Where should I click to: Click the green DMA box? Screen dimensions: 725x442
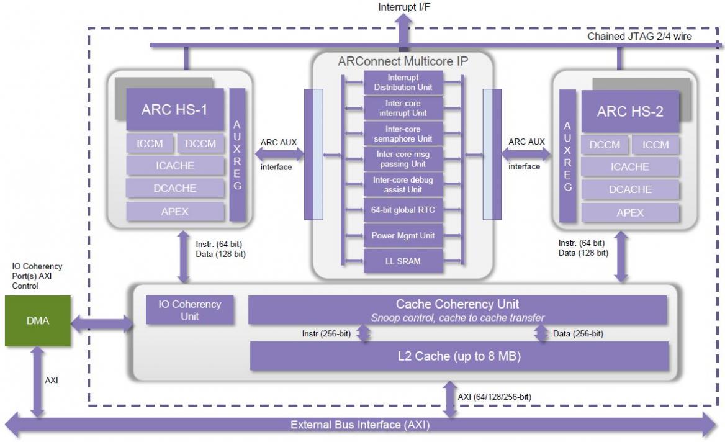click(38, 321)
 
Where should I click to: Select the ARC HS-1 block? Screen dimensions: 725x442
click(175, 110)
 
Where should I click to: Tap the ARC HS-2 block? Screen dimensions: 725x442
click(630, 111)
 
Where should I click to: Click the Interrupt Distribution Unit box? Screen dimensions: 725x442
click(403, 83)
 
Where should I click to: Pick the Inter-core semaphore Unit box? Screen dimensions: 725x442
click(403, 133)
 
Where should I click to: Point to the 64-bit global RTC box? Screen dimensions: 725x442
click(403, 210)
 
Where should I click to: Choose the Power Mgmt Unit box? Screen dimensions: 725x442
click(403, 236)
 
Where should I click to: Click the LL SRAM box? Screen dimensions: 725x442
click(403, 261)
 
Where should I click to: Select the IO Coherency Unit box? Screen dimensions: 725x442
click(189, 310)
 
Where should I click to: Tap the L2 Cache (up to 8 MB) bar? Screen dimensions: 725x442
click(459, 356)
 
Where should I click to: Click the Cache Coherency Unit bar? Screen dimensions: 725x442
click(457, 310)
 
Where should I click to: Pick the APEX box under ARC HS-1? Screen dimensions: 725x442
click(175, 212)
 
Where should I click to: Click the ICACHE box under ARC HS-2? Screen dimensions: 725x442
click(630, 167)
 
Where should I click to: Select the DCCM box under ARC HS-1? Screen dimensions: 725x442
click(200, 144)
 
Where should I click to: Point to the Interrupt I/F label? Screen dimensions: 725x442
click(404, 7)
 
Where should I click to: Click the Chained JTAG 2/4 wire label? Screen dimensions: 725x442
click(639, 37)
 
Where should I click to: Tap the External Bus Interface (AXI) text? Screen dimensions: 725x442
click(360, 425)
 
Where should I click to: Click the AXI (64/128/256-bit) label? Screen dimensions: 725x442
click(494, 397)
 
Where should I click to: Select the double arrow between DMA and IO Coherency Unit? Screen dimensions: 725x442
click(102, 324)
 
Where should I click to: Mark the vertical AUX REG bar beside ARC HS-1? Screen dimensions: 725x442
click(237, 155)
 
